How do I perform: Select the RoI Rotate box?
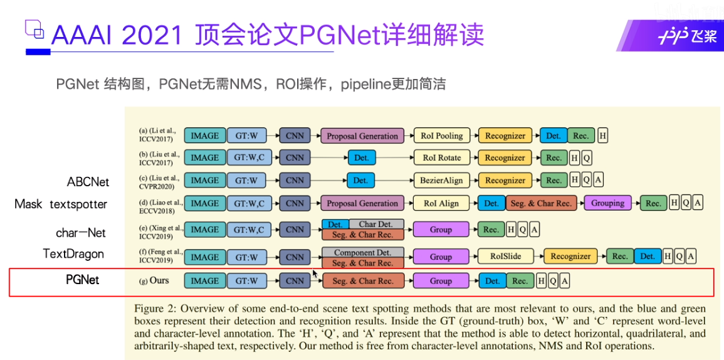(442, 158)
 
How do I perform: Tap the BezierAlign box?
(441, 181)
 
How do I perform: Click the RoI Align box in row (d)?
(441, 203)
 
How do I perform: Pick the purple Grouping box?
(607, 203)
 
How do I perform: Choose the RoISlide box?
(506, 257)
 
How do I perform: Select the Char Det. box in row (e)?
(376, 224)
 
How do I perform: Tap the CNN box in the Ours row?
(295, 281)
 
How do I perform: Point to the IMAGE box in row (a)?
(205, 135)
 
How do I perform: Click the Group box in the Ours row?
(441, 281)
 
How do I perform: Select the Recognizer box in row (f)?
(570, 257)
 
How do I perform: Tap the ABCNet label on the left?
(88, 182)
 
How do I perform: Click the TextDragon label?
(73, 254)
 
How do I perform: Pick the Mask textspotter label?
(61, 204)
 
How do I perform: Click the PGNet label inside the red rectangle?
(82, 280)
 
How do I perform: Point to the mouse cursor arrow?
(315, 273)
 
